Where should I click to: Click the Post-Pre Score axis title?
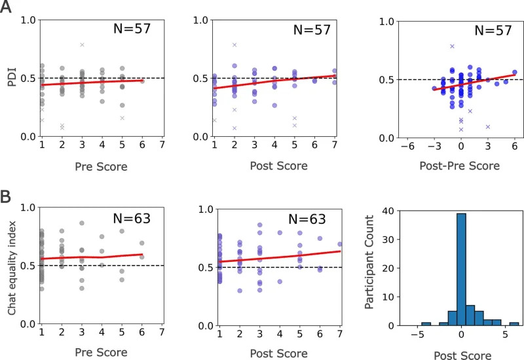(451, 166)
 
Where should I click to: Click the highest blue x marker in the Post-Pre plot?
(452, 46)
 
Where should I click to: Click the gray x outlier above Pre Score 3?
(82, 45)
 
